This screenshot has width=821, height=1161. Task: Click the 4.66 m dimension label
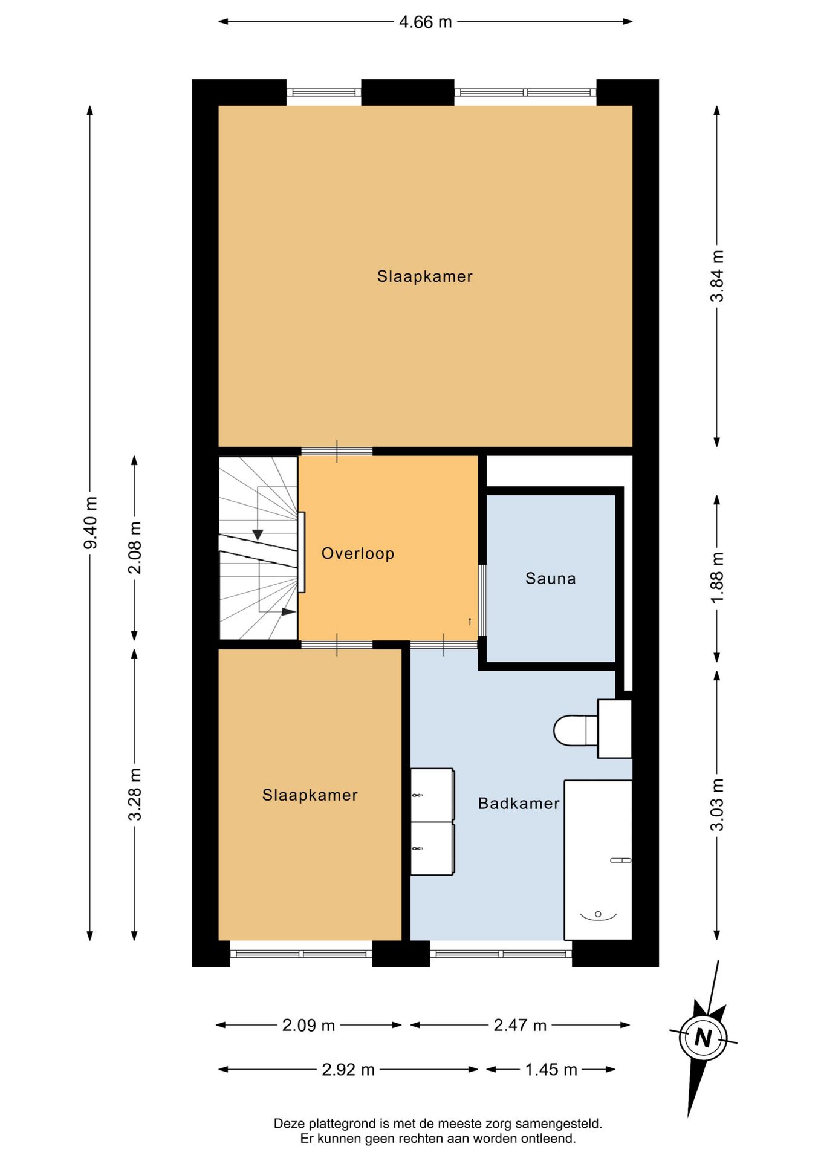click(425, 22)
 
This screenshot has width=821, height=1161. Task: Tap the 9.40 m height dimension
click(90, 522)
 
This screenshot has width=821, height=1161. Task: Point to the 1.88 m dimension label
click(717, 577)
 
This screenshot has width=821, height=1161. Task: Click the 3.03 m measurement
click(717, 805)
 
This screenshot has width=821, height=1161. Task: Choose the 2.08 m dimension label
click(135, 547)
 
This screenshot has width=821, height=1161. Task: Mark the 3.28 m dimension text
click(135, 794)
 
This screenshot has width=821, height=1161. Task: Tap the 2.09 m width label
click(308, 1025)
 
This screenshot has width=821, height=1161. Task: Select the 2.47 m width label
click(520, 1025)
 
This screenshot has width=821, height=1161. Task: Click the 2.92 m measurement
click(348, 1070)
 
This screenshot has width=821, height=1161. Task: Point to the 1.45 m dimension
click(551, 1070)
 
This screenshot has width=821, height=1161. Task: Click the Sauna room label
click(551, 579)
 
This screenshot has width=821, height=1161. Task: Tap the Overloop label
click(358, 553)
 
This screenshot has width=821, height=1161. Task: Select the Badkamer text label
click(519, 804)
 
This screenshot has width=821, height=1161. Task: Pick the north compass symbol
click(703, 1038)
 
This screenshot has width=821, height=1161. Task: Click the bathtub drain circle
click(598, 914)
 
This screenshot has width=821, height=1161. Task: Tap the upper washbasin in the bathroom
click(432, 795)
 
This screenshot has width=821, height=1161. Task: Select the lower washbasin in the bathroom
click(432, 848)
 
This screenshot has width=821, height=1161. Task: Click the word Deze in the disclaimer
click(290, 1124)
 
